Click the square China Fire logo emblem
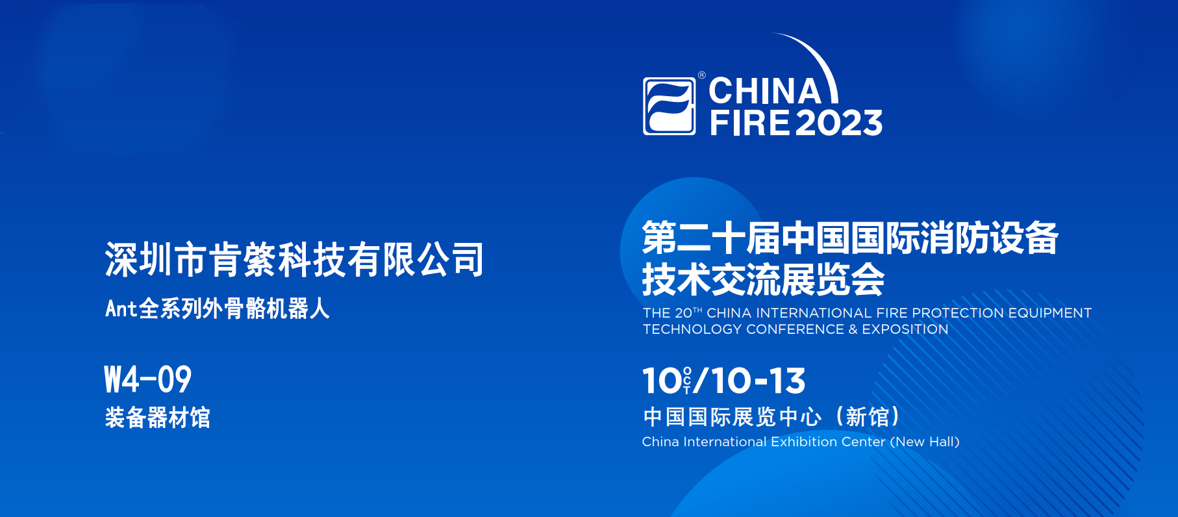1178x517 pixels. (669, 107)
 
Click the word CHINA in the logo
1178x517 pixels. (765, 91)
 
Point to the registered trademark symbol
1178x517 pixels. (702, 75)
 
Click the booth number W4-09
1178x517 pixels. (148, 380)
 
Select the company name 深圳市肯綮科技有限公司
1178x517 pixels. (294, 260)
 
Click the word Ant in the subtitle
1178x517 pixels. (121, 309)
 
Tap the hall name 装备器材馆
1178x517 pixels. (158, 418)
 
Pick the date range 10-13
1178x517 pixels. (758, 381)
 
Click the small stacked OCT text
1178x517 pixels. (687, 381)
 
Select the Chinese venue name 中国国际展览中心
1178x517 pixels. (733, 417)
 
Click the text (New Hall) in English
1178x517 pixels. (925, 442)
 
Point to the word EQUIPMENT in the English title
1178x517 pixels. (1049, 313)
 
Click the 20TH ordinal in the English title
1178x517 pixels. (688, 313)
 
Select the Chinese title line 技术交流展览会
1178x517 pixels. (763, 280)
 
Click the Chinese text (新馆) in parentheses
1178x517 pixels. (868, 417)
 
